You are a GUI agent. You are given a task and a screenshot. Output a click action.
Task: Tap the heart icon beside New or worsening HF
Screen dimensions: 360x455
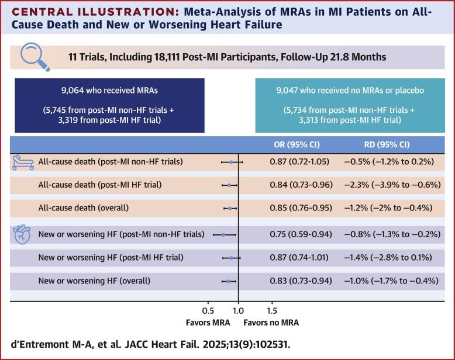coord(22,234)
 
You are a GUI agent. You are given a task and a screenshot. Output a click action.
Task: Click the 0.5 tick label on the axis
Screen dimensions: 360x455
coord(208,310)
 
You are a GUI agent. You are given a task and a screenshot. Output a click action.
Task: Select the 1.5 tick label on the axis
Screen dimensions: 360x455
coord(272,310)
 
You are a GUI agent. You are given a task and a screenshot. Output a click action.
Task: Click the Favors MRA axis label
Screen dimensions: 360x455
coord(207,322)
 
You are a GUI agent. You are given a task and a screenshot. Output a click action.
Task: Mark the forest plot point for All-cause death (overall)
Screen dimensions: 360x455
coord(230,208)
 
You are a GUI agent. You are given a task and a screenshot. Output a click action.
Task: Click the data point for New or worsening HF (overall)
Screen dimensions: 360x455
coord(229,281)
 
